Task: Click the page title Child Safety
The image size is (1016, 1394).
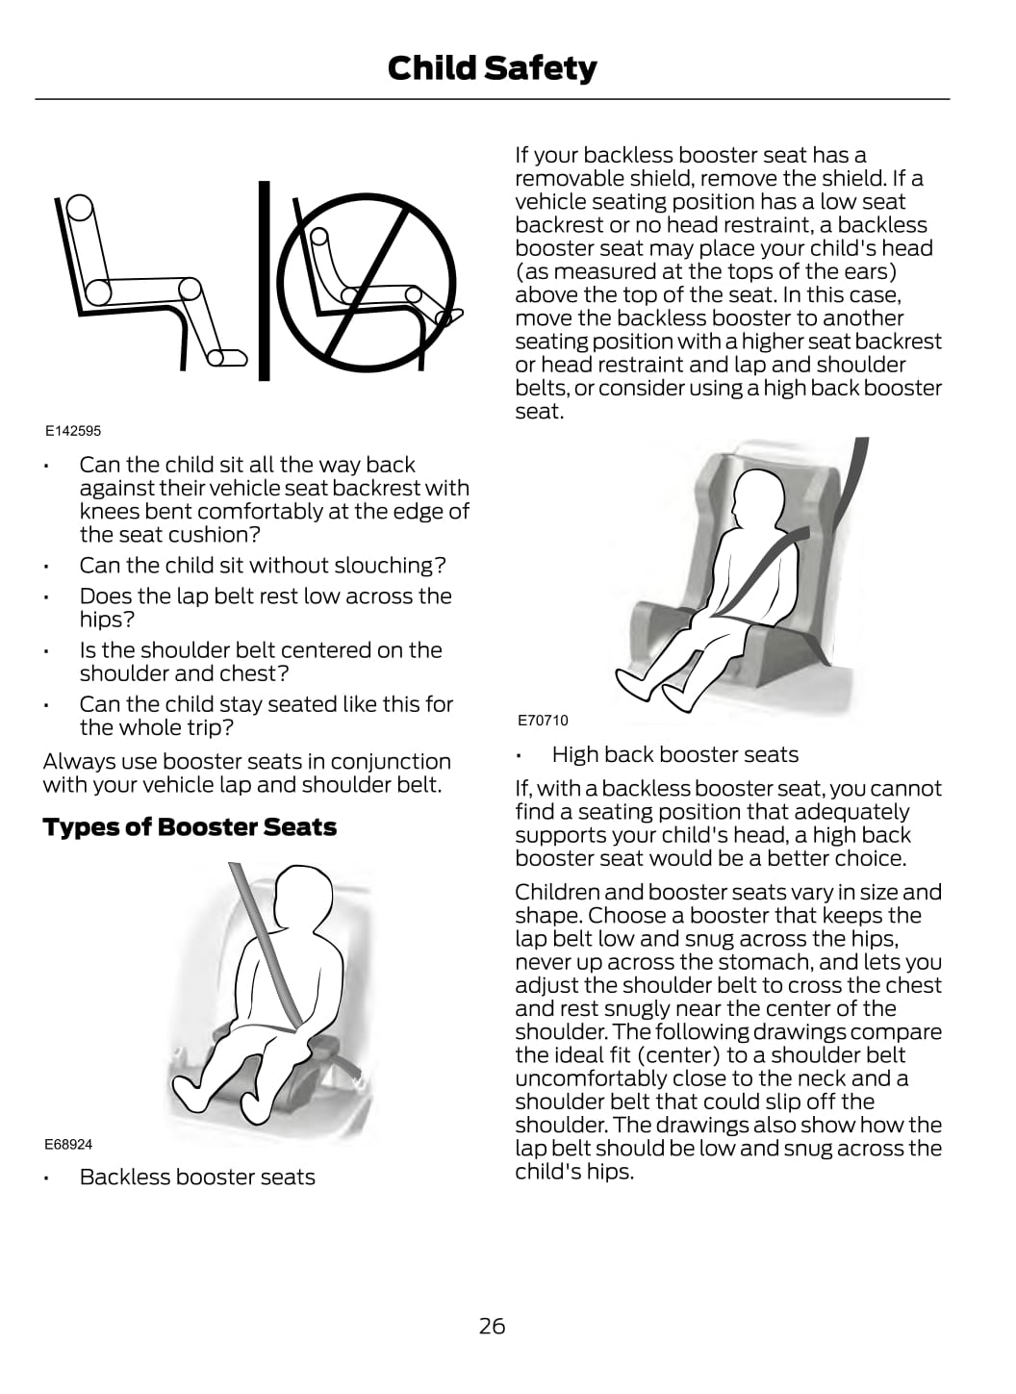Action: pos(492,68)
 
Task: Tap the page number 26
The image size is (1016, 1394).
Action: pos(492,1326)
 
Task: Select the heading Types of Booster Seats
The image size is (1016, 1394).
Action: pos(190,827)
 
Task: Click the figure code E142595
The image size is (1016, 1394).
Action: pos(73,431)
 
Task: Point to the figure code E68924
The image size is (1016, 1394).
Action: pos(68,1144)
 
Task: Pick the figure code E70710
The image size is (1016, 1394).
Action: pos(543,720)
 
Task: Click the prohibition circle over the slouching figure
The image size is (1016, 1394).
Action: pos(365,281)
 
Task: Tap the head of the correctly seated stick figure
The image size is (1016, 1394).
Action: pos(81,207)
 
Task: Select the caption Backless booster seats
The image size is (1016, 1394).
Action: pos(197,1177)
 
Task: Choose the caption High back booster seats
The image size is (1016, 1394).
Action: pos(674,754)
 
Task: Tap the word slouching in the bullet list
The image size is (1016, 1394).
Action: pos(393,566)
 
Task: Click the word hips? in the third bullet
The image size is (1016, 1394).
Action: pos(107,620)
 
